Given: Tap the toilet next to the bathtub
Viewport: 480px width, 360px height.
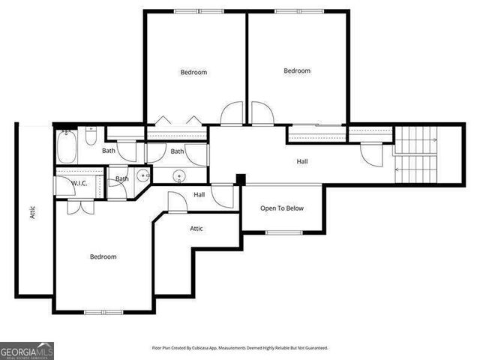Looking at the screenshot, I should [x=90, y=136].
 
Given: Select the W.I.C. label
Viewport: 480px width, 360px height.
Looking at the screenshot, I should [x=80, y=183].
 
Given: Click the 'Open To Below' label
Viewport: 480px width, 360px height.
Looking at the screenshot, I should [x=282, y=208].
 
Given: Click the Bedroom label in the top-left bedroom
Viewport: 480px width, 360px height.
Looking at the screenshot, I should [x=193, y=72].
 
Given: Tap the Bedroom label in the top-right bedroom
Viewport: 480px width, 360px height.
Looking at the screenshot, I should [x=297, y=70].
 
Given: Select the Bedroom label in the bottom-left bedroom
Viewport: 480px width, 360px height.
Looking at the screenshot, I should [x=103, y=256].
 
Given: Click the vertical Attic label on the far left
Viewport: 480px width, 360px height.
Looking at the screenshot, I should [x=32, y=212].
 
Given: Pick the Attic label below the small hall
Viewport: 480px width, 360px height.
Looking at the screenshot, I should [x=196, y=228].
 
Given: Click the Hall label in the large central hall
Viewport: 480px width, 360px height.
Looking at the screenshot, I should [x=301, y=160].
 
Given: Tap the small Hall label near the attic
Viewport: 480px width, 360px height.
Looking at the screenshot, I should [x=199, y=194].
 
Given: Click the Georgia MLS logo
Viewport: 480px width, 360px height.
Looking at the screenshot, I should [x=27, y=351].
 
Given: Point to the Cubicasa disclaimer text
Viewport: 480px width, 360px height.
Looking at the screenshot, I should [x=240, y=348].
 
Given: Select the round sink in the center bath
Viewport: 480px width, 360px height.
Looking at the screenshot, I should [x=178, y=176].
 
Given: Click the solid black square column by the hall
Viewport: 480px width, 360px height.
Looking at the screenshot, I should [x=240, y=179].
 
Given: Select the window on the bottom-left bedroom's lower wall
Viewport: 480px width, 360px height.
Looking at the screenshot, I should [x=103, y=312].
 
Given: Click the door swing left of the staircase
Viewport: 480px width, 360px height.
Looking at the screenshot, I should [x=370, y=153].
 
